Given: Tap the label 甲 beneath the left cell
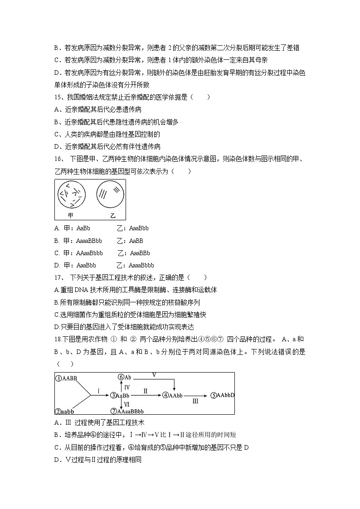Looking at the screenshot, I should [x=71, y=215].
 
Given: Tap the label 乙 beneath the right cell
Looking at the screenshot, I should [x=113, y=215].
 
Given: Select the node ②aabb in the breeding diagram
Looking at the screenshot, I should [x=65, y=411].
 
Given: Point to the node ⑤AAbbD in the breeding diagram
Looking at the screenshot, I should [x=222, y=395].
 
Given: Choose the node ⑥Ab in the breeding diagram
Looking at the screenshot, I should [x=124, y=377].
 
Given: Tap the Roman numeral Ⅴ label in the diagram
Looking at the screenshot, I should [x=154, y=375].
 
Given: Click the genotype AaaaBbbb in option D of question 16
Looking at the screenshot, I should [x=141, y=265].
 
